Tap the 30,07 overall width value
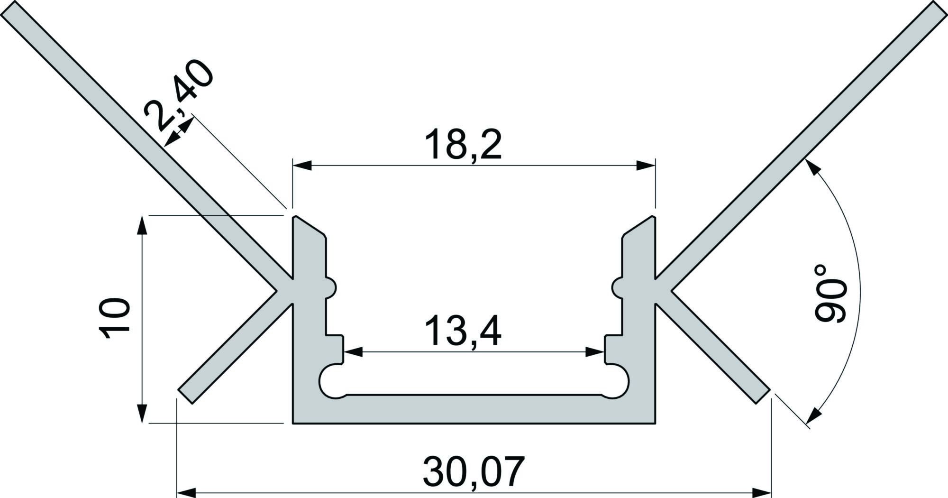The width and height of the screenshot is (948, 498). pyautogui.click(x=474, y=471)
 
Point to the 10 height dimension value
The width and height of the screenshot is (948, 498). pyautogui.click(x=115, y=319)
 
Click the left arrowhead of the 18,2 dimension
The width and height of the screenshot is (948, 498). pyautogui.click(x=302, y=165)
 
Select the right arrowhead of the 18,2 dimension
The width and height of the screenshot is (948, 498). pyautogui.click(x=646, y=165)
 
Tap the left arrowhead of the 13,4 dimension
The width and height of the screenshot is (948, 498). pyautogui.click(x=353, y=352)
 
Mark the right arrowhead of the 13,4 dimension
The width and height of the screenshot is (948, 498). pyautogui.click(x=595, y=352)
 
